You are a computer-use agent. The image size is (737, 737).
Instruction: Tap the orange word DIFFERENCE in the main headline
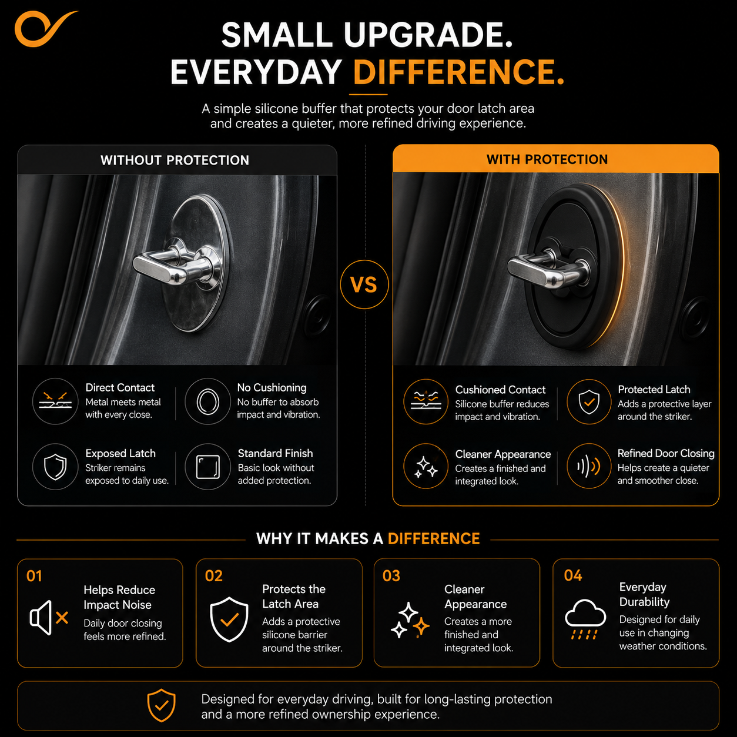(458, 72)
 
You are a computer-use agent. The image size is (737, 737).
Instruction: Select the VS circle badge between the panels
(364, 284)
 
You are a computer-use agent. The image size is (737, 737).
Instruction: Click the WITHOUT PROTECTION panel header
(175, 160)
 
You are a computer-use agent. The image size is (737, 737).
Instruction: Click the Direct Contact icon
(55, 401)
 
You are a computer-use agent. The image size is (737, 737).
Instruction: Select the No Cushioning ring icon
(207, 401)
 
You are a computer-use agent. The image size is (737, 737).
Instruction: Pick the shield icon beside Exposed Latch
(55, 467)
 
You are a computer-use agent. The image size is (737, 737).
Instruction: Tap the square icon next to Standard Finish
(207, 467)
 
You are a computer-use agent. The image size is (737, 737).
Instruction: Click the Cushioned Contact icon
(426, 401)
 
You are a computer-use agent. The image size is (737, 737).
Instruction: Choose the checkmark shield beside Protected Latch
(589, 401)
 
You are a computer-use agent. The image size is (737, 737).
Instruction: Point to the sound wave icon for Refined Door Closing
(589, 466)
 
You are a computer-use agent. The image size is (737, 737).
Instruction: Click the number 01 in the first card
(34, 576)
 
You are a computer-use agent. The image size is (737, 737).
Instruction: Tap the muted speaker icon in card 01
(49, 618)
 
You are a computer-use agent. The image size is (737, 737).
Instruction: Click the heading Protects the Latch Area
(294, 597)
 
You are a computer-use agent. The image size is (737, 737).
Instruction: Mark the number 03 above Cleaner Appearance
(391, 576)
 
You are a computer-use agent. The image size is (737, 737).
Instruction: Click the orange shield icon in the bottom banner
(162, 705)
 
